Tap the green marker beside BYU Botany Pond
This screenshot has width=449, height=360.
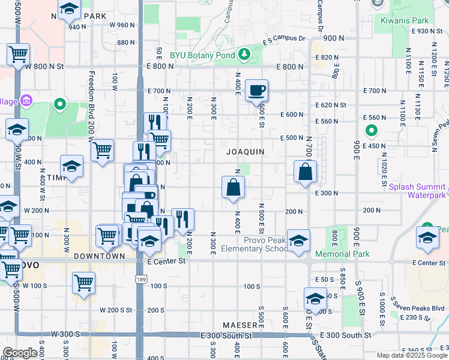pyautogui.click(x=244, y=55)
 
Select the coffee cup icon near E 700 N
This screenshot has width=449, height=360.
pyautogui.click(x=256, y=90)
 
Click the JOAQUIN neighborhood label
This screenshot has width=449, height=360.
pyautogui.click(x=246, y=152)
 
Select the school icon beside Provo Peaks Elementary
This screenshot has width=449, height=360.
pyautogui.click(x=298, y=241)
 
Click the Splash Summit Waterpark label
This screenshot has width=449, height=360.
pyautogui.click(x=417, y=191)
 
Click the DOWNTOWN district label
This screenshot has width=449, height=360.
pyautogui.click(x=99, y=256)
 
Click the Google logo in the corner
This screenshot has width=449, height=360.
pyautogui.click(x=20, y=353)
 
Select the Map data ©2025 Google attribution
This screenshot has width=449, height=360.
pyautogui.click(x=412, y=355)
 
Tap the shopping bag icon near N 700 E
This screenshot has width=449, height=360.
pyautogui.click(x=306, y=172)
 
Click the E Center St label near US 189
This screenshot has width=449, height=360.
pyautogui.click(x=166, y=261)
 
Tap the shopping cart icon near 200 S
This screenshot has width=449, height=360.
pyautogui.click(x=83, y=283)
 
